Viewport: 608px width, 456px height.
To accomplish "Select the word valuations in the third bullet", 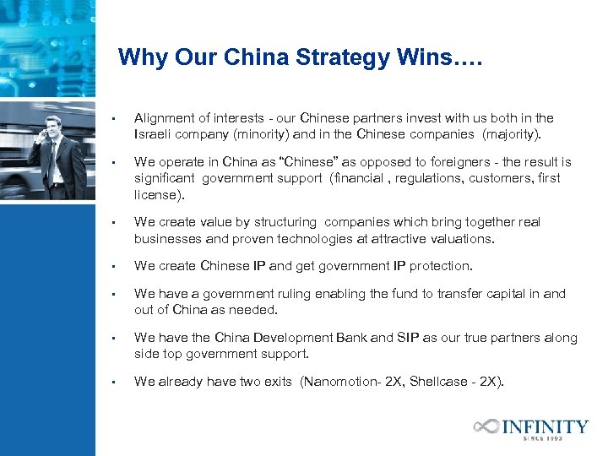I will [463, 238].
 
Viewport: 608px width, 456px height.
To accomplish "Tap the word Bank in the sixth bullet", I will [351, 338].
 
